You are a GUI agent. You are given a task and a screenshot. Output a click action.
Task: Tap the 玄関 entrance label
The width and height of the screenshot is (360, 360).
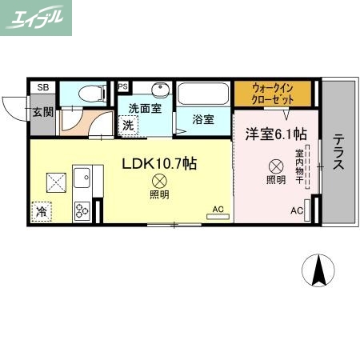(x=42, y=112)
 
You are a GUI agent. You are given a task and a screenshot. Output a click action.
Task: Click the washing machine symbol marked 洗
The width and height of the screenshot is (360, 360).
(x=128, y=125)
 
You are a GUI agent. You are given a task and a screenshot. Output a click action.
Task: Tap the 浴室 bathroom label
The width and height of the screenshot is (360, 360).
(x=202, y=120)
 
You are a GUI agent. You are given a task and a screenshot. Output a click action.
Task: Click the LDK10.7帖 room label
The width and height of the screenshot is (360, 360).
(x=159, y=162)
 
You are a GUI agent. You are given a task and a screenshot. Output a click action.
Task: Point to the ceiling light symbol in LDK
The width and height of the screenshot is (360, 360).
(x=159, y=181)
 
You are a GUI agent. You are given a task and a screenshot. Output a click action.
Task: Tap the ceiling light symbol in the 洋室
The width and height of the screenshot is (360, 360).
(x=275, y=166)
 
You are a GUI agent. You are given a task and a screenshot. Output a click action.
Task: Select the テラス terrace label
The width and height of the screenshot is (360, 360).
(x=338, y=152)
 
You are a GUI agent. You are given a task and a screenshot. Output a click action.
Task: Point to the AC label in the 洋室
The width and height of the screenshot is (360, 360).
(x=296, y=210)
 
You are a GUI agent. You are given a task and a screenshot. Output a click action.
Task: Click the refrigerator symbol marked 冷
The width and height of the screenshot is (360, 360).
(x=41, y=211)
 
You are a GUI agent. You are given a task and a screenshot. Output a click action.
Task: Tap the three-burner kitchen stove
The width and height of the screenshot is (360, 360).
(x=83, y=210)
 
